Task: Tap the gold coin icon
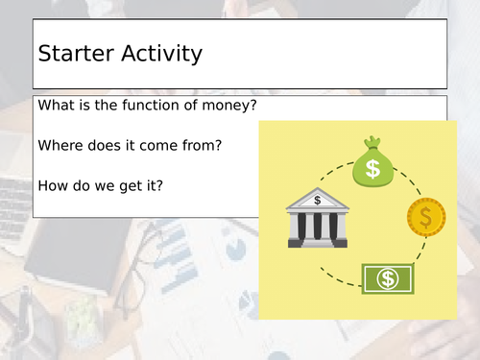[425, 217]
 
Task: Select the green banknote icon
[388, 278]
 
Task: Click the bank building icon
[317, 218]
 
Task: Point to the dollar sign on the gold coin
[426, 217]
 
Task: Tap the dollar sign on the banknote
[388, 278]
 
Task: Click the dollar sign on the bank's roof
[318, 201]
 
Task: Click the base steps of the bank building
[317, 242]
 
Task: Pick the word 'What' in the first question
[57, 106]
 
